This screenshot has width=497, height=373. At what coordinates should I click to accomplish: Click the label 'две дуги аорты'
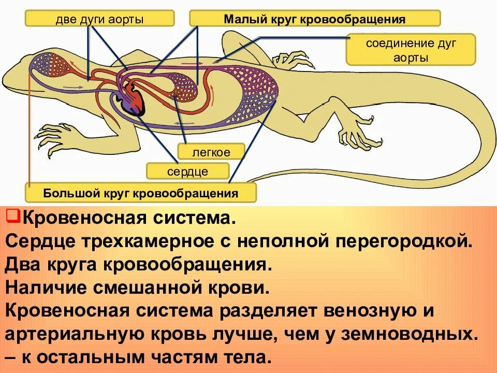(x=99, y=20)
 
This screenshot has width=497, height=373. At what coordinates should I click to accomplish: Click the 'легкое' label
(x=211, y=152)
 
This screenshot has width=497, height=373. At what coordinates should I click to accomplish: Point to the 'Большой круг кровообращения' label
(x=141, y=193)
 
